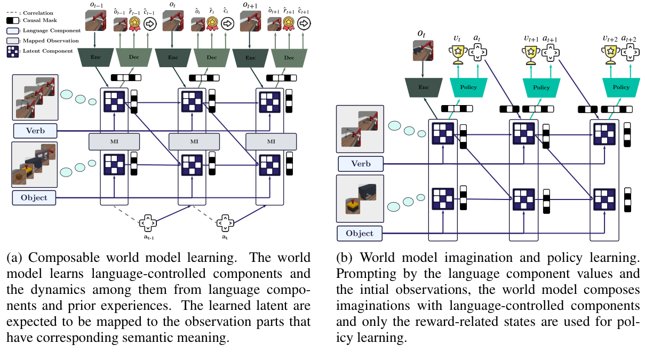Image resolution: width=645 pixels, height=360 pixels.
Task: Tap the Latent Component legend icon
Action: click(12, 51)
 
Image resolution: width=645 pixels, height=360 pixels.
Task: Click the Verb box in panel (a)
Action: click(35, 131)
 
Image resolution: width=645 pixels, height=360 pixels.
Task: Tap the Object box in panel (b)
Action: click(360, 234)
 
